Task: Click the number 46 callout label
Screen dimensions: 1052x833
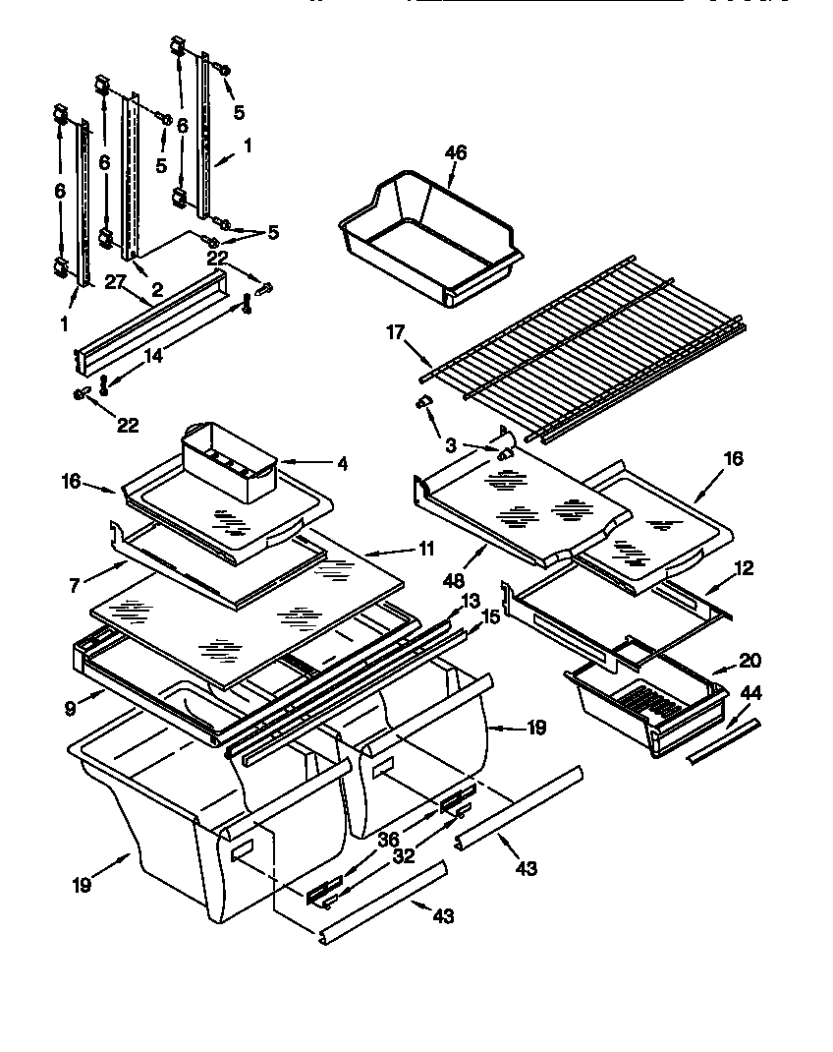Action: pos(455,152)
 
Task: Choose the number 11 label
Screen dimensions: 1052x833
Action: pos(424,550)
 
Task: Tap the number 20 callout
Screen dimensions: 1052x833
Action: pos(750,660)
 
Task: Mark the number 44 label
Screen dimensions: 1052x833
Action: pos(750,693)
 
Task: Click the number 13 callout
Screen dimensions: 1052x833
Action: pos(470,601)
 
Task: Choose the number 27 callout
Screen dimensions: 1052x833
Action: pos(117,282)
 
